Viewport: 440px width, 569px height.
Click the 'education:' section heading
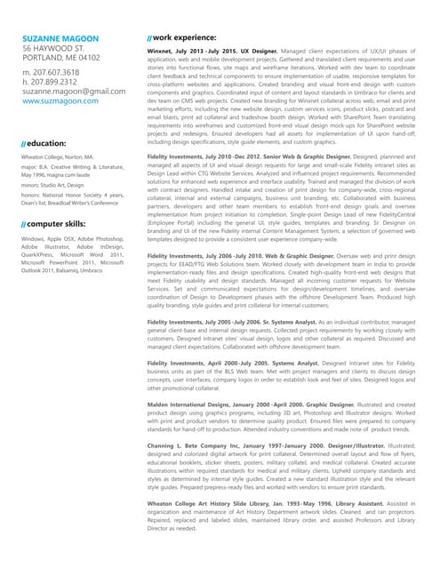(47, 142)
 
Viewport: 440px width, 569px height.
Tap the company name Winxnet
(163, 54)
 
